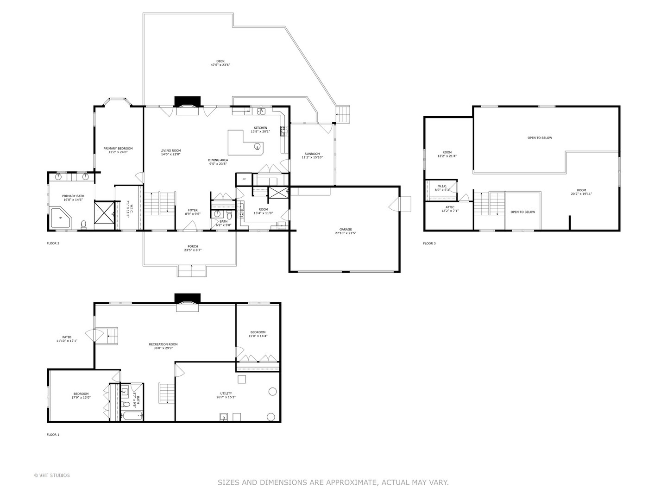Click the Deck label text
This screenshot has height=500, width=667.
[220, 61]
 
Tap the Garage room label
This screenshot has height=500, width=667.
[346, 229]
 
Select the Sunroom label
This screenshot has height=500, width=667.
[312, 154]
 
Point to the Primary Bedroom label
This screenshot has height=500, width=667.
[118, 149]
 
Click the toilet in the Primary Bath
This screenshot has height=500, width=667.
[83, 225]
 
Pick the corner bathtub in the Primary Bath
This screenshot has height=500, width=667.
[60, 218]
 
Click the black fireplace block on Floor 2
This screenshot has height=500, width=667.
[187, 101]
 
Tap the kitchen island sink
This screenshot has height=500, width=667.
[257, 147]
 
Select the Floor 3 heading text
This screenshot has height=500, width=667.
[429, 244]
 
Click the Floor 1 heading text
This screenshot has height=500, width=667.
[53, 435]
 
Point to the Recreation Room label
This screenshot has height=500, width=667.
[163, 344]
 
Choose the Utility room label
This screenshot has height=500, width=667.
[226, 394]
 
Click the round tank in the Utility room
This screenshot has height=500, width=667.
[272, 392]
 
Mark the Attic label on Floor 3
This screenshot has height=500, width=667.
[450, 207]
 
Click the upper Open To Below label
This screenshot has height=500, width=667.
[540, 138]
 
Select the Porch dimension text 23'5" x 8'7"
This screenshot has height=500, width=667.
[193, 250]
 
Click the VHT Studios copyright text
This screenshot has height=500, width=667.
[52, 475]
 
